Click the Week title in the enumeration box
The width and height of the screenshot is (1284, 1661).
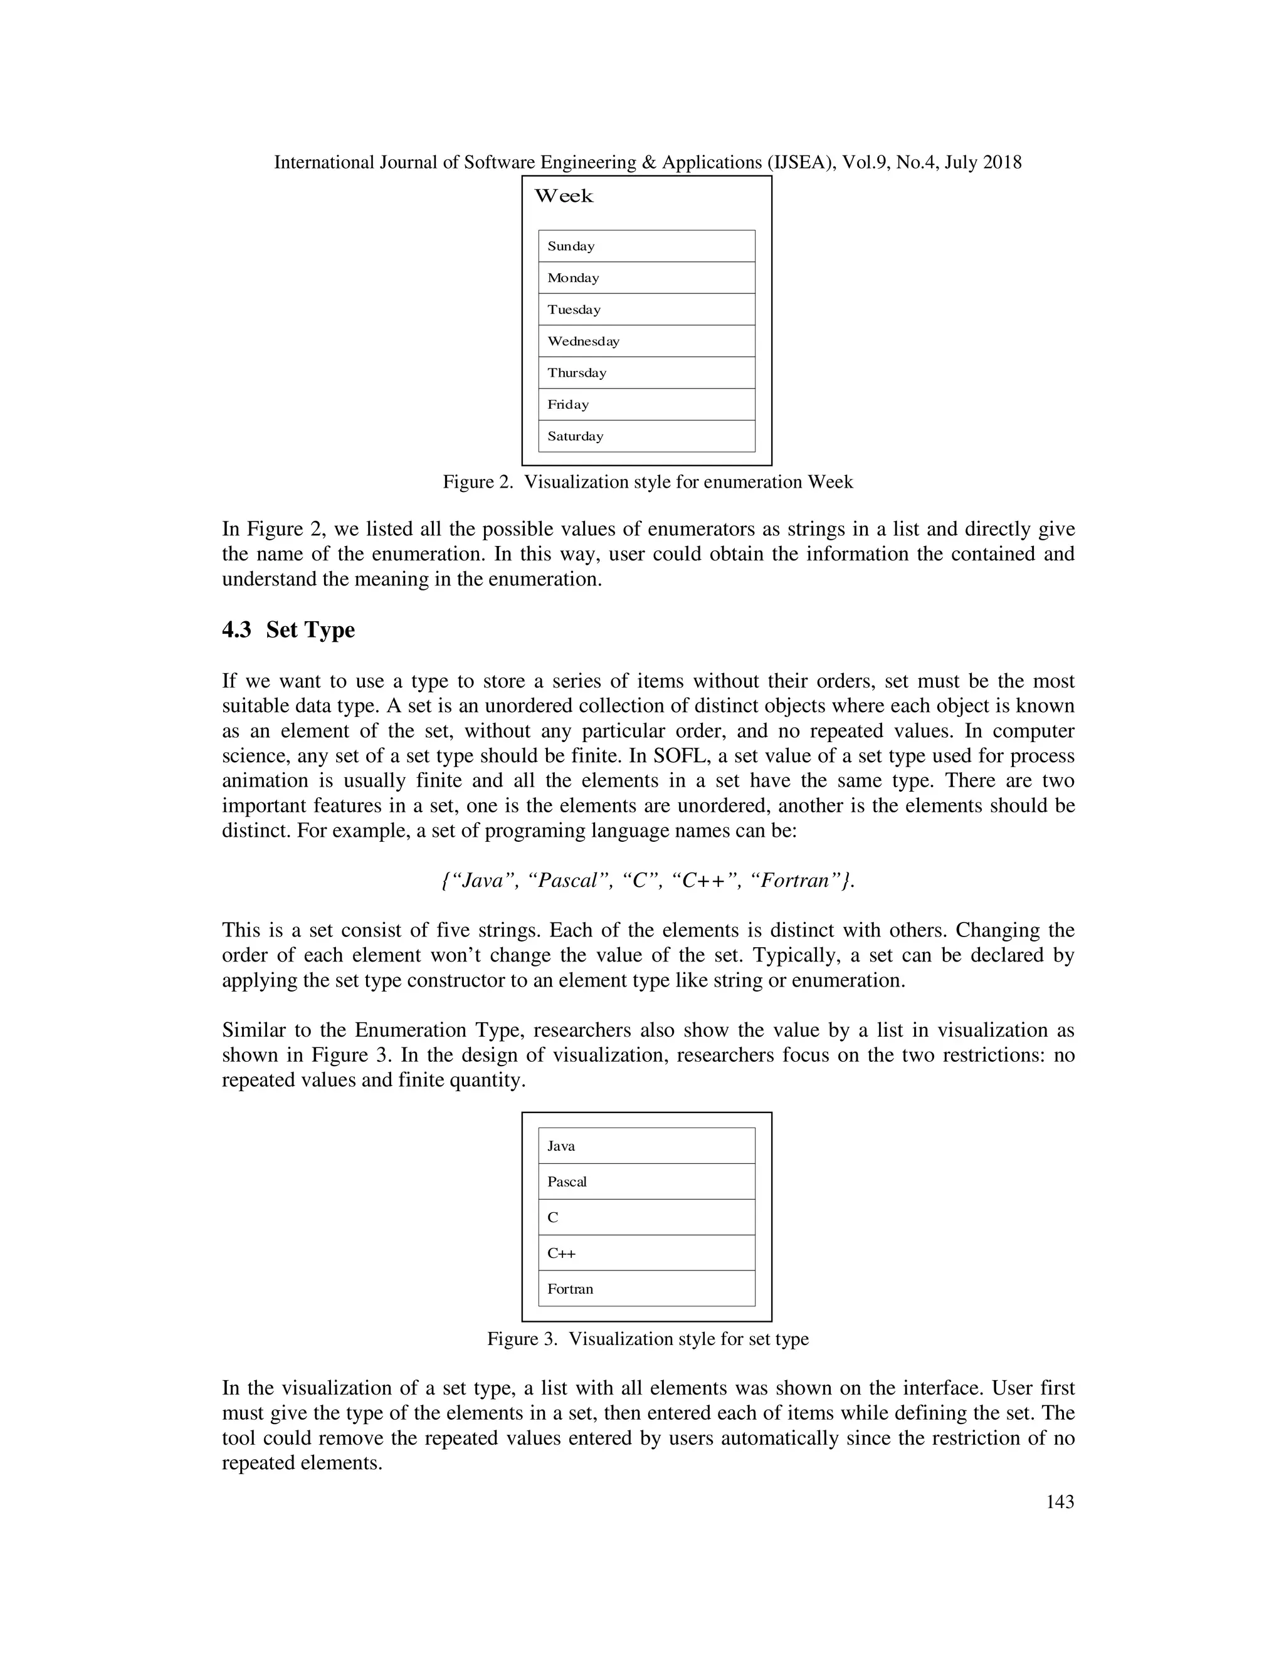563,196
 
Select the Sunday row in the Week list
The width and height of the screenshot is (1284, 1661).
646,246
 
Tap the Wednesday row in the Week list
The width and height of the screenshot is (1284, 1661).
646,342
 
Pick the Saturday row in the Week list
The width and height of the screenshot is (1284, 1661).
646,436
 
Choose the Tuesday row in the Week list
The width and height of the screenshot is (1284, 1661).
646,310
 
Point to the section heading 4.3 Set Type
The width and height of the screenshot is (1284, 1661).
288,630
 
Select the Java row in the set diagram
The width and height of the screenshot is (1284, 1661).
646,1146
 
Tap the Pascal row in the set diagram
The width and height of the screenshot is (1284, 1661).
646,1182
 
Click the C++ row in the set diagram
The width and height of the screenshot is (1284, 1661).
646,1254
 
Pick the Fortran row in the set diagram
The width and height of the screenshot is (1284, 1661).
646,1289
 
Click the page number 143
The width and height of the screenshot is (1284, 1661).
1060,1501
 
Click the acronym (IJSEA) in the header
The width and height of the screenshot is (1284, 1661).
801,162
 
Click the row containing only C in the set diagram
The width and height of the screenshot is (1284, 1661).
646,1218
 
